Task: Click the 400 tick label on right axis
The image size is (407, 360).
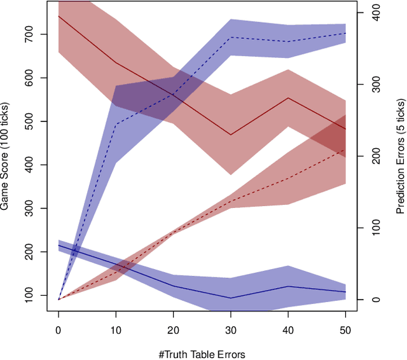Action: tap(377, 13)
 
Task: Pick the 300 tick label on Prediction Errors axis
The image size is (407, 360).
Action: tap(377, 85)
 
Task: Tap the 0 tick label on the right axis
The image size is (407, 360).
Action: tap(377, 300)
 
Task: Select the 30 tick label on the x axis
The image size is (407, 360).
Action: tap(230, 331)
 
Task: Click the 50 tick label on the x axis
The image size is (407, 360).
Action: tap(345, 331)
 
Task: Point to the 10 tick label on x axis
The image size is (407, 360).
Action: tap(116, 331)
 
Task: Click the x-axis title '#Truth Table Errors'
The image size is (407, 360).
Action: tap(202, 354)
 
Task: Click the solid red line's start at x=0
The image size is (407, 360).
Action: tap(59, 16)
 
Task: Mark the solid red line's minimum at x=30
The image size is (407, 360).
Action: tap(230, 135)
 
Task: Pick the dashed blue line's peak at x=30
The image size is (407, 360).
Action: tap(230, 38)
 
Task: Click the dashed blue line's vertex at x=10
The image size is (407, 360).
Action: tap(116, 124)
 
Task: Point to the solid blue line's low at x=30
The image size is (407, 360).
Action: tap(230, 298)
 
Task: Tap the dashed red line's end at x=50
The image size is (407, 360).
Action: tap(345, 150)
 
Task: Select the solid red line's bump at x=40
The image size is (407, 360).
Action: tap(287, 98)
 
